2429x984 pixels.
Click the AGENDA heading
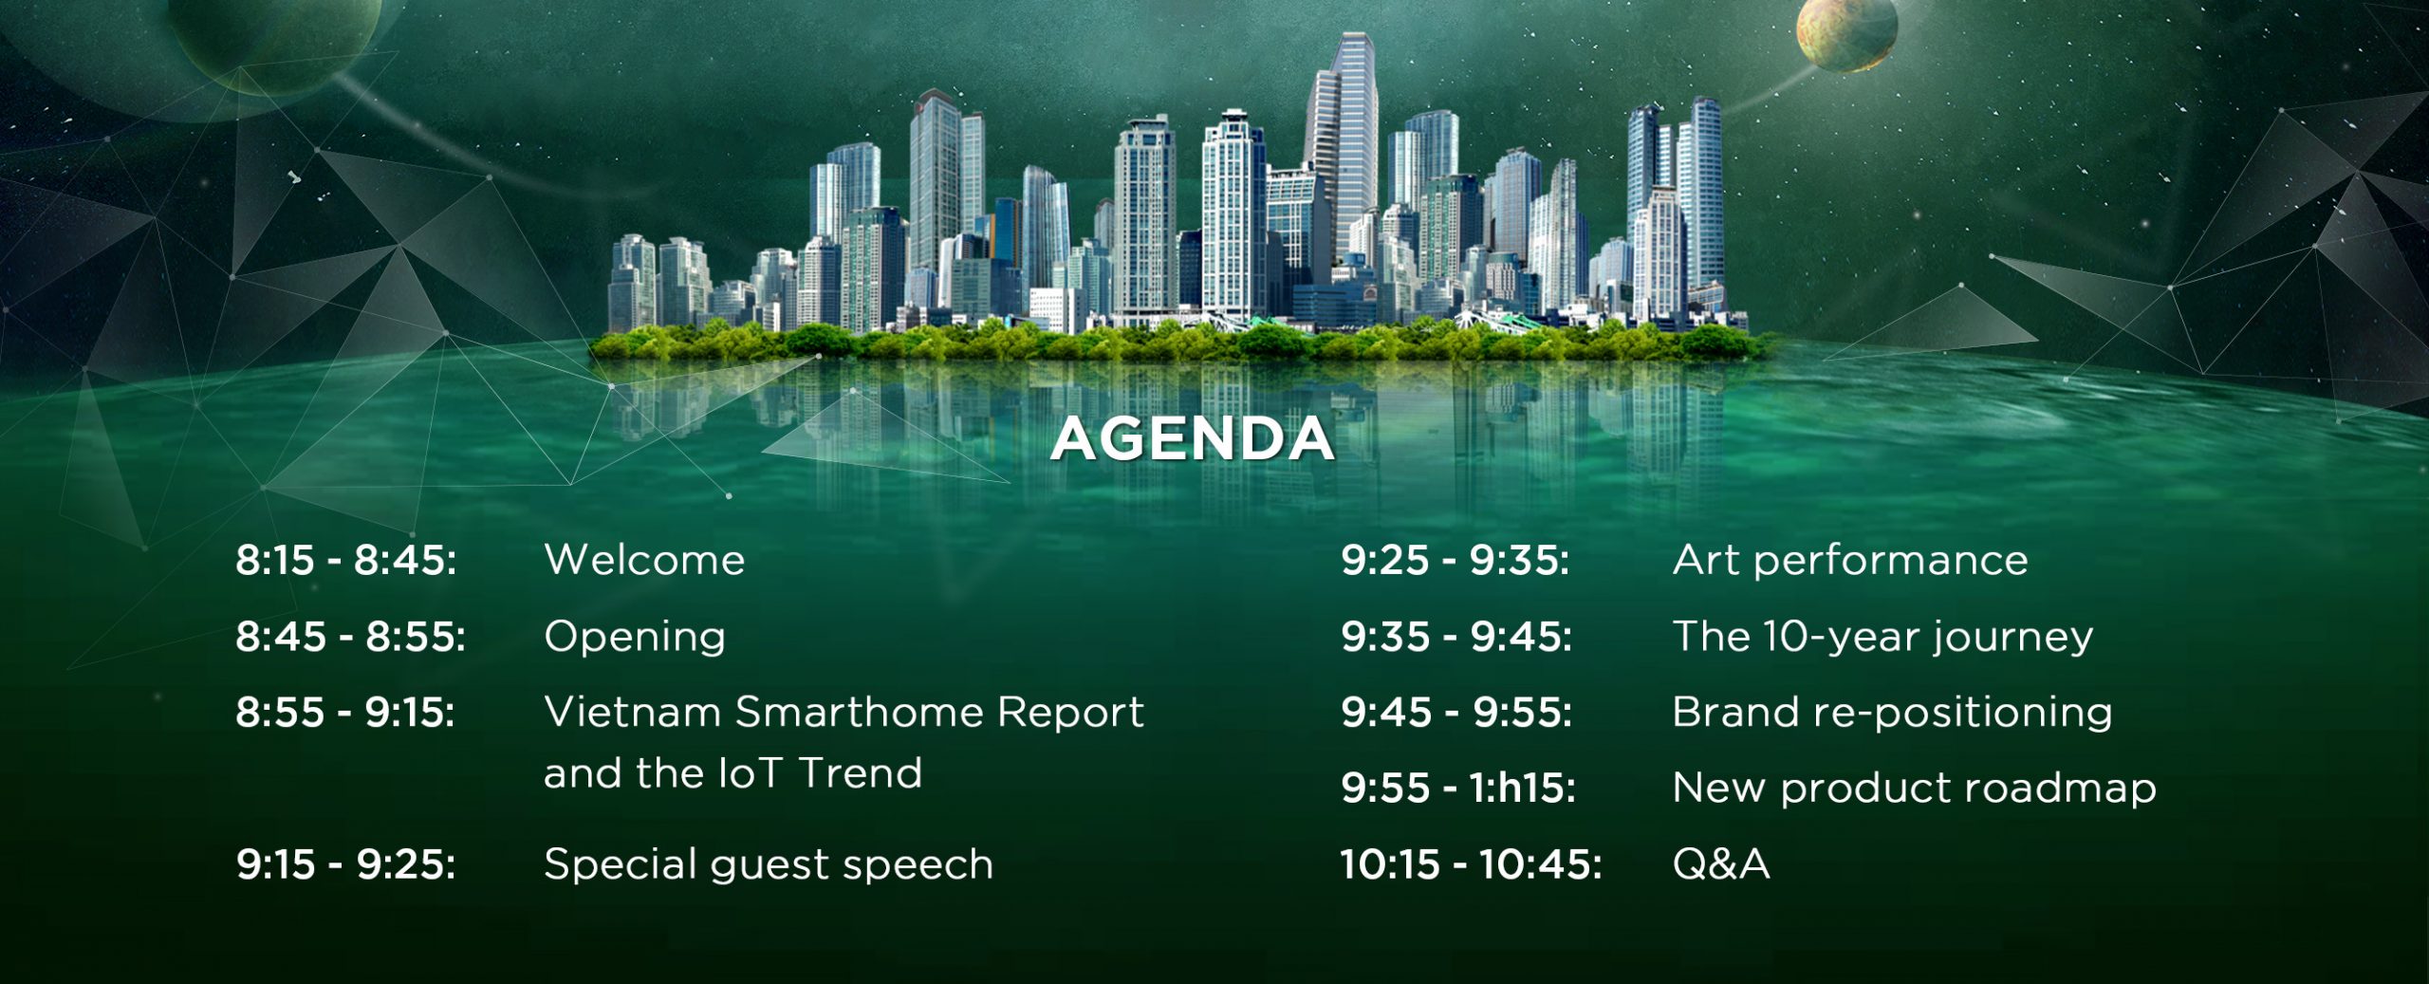(1192, 438)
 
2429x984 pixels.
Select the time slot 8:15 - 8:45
(346, 560)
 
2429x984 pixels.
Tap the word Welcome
(644, 560)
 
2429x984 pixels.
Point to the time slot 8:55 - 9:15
(345, 712)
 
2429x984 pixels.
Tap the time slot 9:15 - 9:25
(346, 864)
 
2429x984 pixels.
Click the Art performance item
(1850, 561)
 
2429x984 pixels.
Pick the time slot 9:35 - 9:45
(1456, 637)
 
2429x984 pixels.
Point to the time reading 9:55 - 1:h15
(1458, 789)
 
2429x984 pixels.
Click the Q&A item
(1721, 864)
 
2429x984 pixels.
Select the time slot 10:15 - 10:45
(1471, 864)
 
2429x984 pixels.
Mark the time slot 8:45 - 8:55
(350, 637)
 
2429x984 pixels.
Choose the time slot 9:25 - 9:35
(1455, 560)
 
